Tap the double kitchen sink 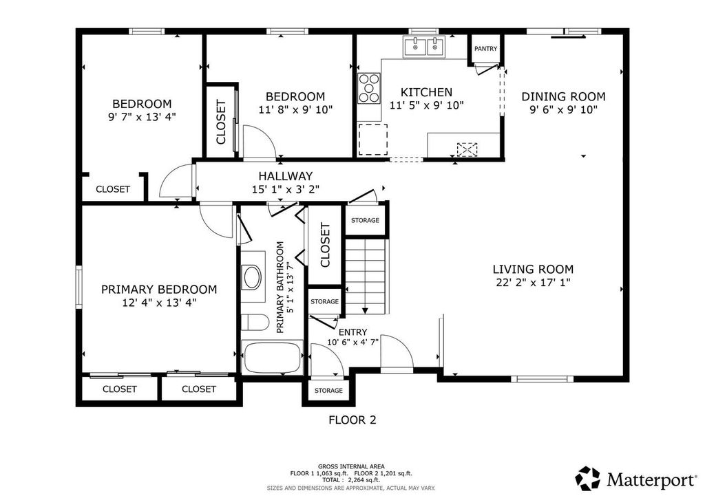tap(424, 47)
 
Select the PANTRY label tap(485, 49)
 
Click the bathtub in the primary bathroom tap(273, 358)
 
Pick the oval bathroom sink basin tap(253, 278)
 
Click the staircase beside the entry tap(366, 275)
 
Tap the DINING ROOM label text tap(563, 96)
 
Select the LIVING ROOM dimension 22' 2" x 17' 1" tap(533, 282)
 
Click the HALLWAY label tap(285, 176)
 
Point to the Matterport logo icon tap(588, 477)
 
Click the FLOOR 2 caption tap(352, 419)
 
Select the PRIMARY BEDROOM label tap(159, 290)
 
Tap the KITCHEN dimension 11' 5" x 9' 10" tap(427, 105)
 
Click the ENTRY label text tap(353, 332)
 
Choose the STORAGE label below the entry tap(328, 391)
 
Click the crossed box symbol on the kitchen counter tap(467, 149)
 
